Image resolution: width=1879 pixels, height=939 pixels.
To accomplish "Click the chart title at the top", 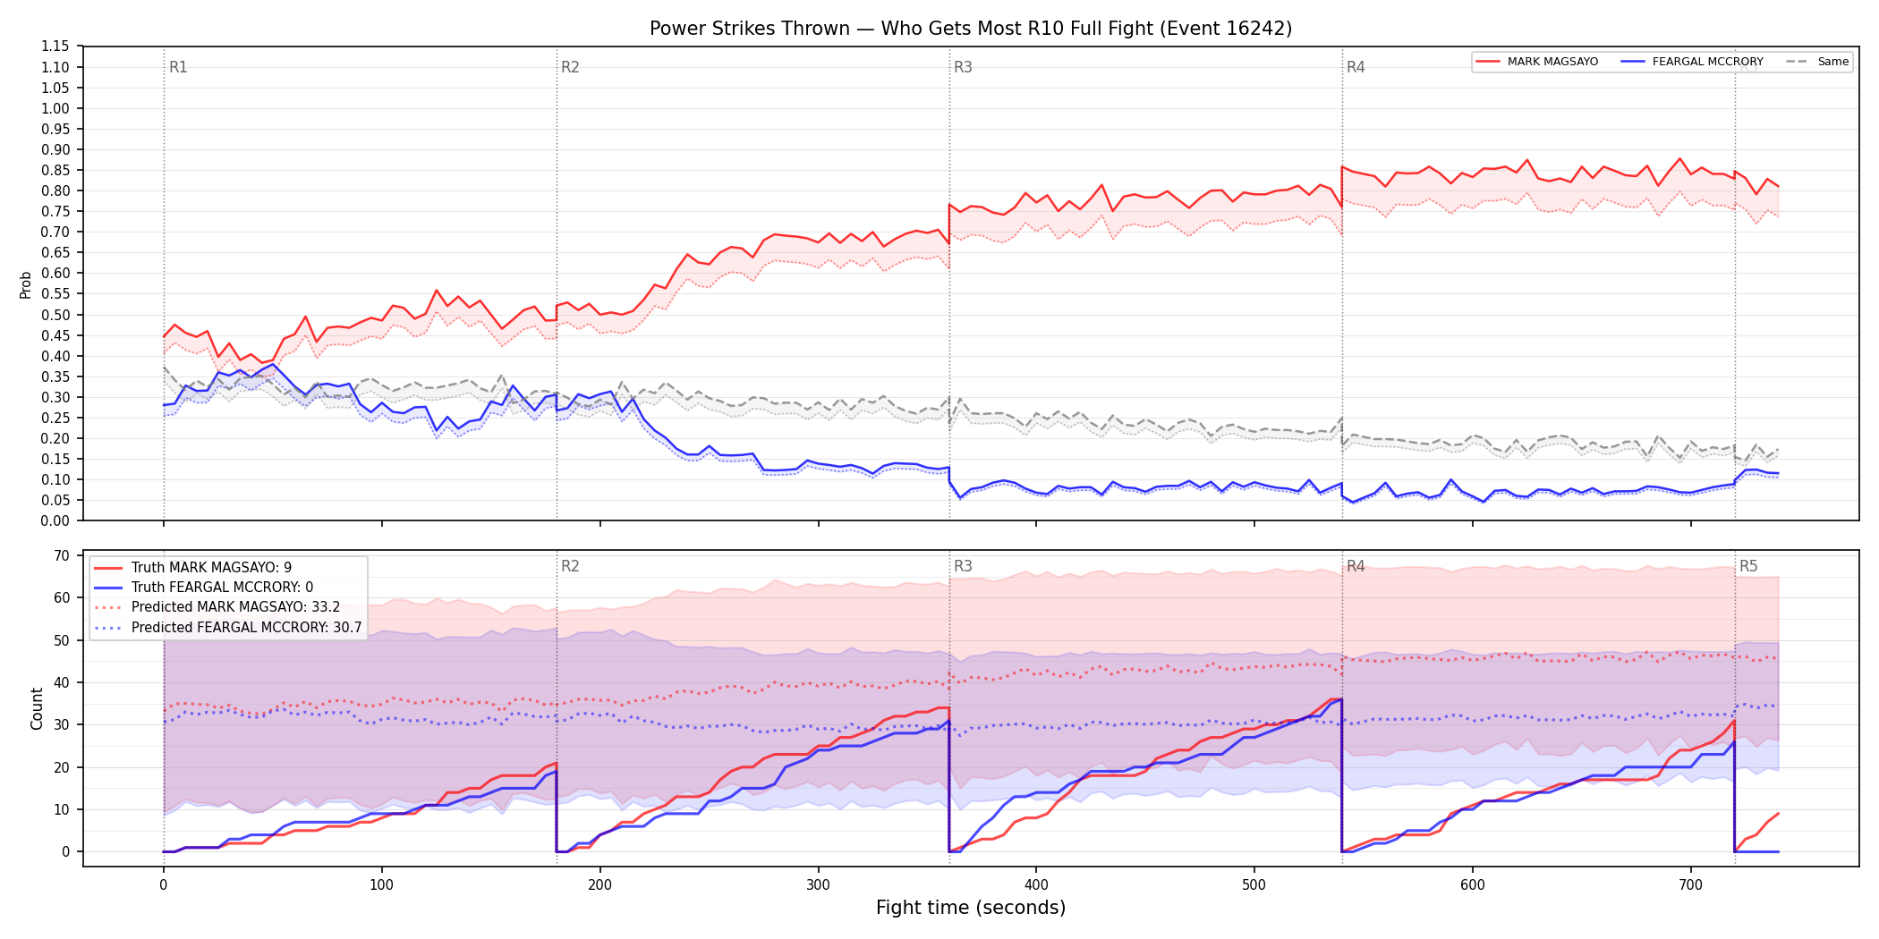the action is coord(971,29).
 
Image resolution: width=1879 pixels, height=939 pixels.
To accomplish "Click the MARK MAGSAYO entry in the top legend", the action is coord(1552,62).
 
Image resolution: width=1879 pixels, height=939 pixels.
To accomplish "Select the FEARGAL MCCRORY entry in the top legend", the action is coord(1707,62).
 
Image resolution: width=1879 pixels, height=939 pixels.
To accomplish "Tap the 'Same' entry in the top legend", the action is coord(1833,62).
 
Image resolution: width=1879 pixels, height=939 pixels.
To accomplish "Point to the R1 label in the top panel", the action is coord(178,67).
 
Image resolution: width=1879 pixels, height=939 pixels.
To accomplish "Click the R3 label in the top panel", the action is coord(963,67).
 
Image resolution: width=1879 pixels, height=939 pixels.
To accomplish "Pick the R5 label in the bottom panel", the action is coord(1748,566).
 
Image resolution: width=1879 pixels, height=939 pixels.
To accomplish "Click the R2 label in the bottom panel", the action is coord(570,566).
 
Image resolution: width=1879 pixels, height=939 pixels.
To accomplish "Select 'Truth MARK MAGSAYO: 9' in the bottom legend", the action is coord(211,568).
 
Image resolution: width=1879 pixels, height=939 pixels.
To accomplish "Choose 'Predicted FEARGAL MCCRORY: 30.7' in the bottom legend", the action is coord(246,628).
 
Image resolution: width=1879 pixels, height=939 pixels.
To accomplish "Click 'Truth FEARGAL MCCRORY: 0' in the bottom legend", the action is coord(222,588).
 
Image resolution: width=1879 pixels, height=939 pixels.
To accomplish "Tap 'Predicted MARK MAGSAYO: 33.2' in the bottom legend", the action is coord(235,607).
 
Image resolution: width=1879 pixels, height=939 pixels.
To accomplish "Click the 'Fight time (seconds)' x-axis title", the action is coord(971,908).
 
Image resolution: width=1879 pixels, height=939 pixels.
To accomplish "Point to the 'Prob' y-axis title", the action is coord(25,284).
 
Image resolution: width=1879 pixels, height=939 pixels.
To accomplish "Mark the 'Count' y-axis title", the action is coord(37,708).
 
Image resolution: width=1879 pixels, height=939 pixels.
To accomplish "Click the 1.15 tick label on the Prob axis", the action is coord(55,47).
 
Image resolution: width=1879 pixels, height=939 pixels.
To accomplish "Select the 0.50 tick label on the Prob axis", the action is coord(55,315).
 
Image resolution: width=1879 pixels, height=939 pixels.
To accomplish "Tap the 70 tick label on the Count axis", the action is coord(62,555).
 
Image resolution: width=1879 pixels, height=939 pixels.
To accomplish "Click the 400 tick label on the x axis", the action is coord(1036,885).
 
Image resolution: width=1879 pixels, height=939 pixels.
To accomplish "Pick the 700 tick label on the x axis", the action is coord(1691,885).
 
